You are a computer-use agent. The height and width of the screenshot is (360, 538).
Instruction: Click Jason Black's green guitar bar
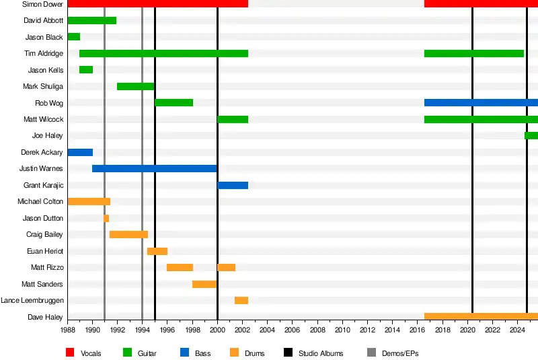pyautogui.click(x=74, y=37)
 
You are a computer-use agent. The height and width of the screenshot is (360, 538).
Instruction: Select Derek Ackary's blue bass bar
pyautogui.click(x=80, y=152)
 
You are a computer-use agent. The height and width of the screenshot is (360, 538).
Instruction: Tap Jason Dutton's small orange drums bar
pyautogui.click(x=106, y=218)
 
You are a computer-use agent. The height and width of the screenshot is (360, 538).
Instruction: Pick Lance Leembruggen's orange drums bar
pyautogui.click(x=241, y=300)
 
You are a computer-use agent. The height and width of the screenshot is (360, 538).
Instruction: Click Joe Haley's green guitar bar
pyautogui.click(x=531, y=136)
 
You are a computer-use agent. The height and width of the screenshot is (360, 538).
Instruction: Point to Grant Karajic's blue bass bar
pyautogui.click(x=233, y=185)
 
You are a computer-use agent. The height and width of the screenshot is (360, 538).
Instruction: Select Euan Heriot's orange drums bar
pyautogui.click(x=157, y=251)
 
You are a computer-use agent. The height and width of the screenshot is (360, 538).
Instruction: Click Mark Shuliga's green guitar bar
pyautogui.click(x=136, y=86)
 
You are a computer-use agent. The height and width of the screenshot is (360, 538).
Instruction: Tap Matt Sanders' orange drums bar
pyautogui.click(x=204, y=284)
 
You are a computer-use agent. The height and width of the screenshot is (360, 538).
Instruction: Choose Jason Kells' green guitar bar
pyautogui.click(x=86, y=70)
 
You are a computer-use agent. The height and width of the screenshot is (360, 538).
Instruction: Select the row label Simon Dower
pyautogui.click(x=42, y=4)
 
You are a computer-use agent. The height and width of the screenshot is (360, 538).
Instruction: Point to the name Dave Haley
pyautogui.click(x=46, y=317)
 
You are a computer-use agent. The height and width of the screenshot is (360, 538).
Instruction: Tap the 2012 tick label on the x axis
pyautogui.click(x=367, y=330)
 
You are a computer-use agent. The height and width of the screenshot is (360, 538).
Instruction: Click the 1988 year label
pyautogui.click(x=68, y=330)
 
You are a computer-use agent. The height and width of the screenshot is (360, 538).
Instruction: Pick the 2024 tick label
pyautogui.click(x=517, y=330)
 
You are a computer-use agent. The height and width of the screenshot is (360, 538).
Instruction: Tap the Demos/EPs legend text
pyautogui.click(x=400, y=353)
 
